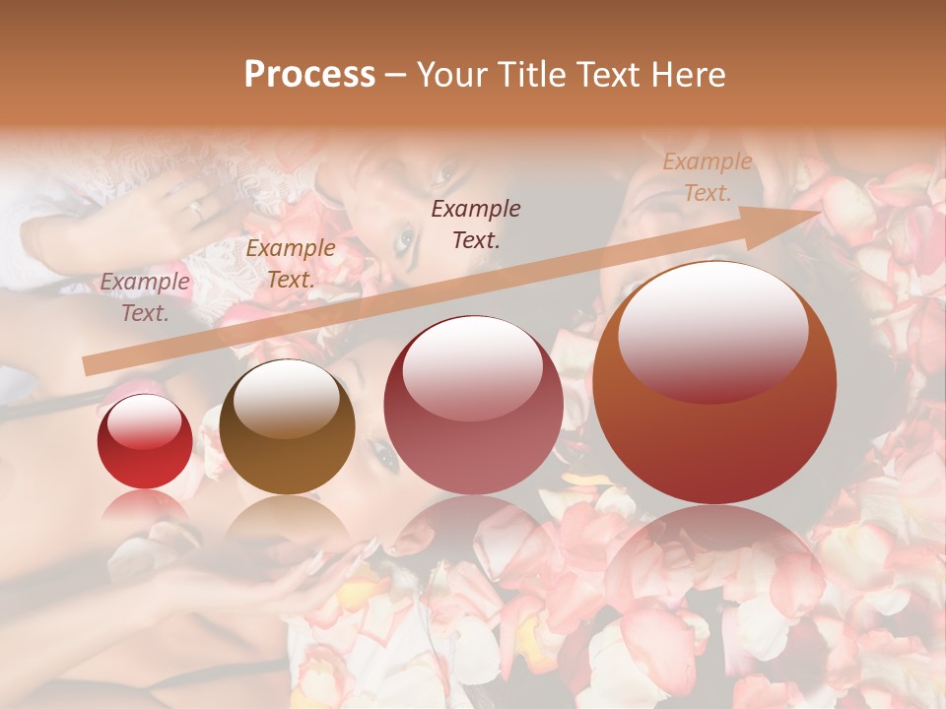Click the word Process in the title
point(309,75)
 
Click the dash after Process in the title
point(396,76)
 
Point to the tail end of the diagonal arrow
point(89,366)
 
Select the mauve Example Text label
point(145,296)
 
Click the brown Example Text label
point(290,264)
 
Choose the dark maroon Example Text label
point(476,224)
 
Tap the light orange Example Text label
point(707,177)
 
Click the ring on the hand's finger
point(195,209)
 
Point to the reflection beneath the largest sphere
point(714,561)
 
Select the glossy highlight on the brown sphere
point(286,399)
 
